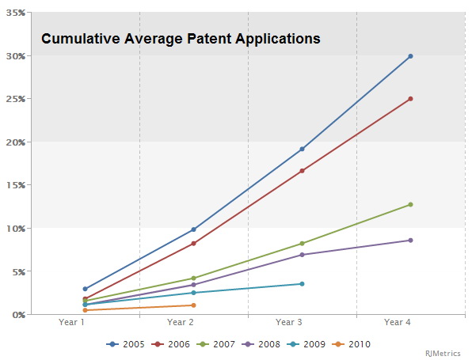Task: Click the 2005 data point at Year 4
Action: tap(410, 56)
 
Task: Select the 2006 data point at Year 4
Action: tap(410, 99)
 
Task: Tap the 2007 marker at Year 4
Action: tap(410, 204)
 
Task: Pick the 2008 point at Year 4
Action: tap(410, 241)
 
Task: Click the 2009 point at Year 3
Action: tap(302, 284)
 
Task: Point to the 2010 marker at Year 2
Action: tap(193, 305)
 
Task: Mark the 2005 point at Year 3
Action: tap(302, 149)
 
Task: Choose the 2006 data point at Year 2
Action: tap(193, 244)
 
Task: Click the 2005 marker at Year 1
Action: tap(85, 289)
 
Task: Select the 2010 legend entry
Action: tap(351, 344)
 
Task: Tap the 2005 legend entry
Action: tap(125, 344)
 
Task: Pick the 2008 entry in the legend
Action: tap(261, 344)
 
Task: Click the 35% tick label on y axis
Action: tap(16, 13)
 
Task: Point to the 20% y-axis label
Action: tap(16, 142)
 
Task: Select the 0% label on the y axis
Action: tap(19, 315)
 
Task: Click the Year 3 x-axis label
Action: tap(288, 322)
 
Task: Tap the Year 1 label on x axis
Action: tap(71, 322)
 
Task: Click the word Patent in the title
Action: tap(209, 39)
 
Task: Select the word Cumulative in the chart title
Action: tap(81, 39)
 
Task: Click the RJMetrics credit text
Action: tap(443, 354)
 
